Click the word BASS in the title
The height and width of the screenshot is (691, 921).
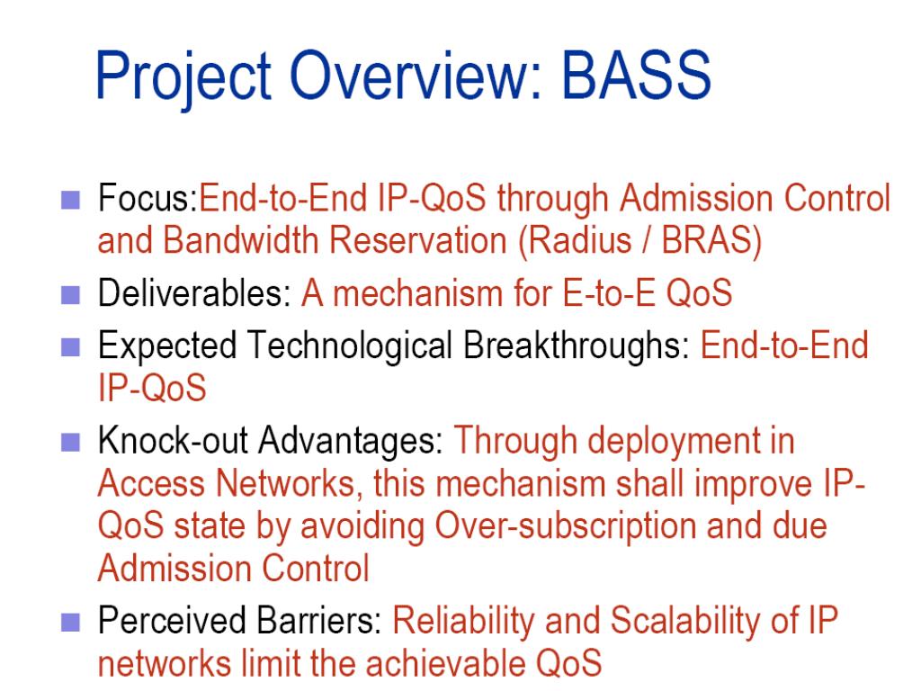pos(637,75)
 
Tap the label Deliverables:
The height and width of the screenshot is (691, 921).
pos(194,292)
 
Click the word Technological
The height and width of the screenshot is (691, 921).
pos(350,346)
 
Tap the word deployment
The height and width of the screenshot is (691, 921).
pos(666,442)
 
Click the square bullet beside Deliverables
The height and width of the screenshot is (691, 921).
pos(70,295)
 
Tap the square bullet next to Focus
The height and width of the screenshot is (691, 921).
pos(70,201)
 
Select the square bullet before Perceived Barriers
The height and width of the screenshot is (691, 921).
pos(70,623)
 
